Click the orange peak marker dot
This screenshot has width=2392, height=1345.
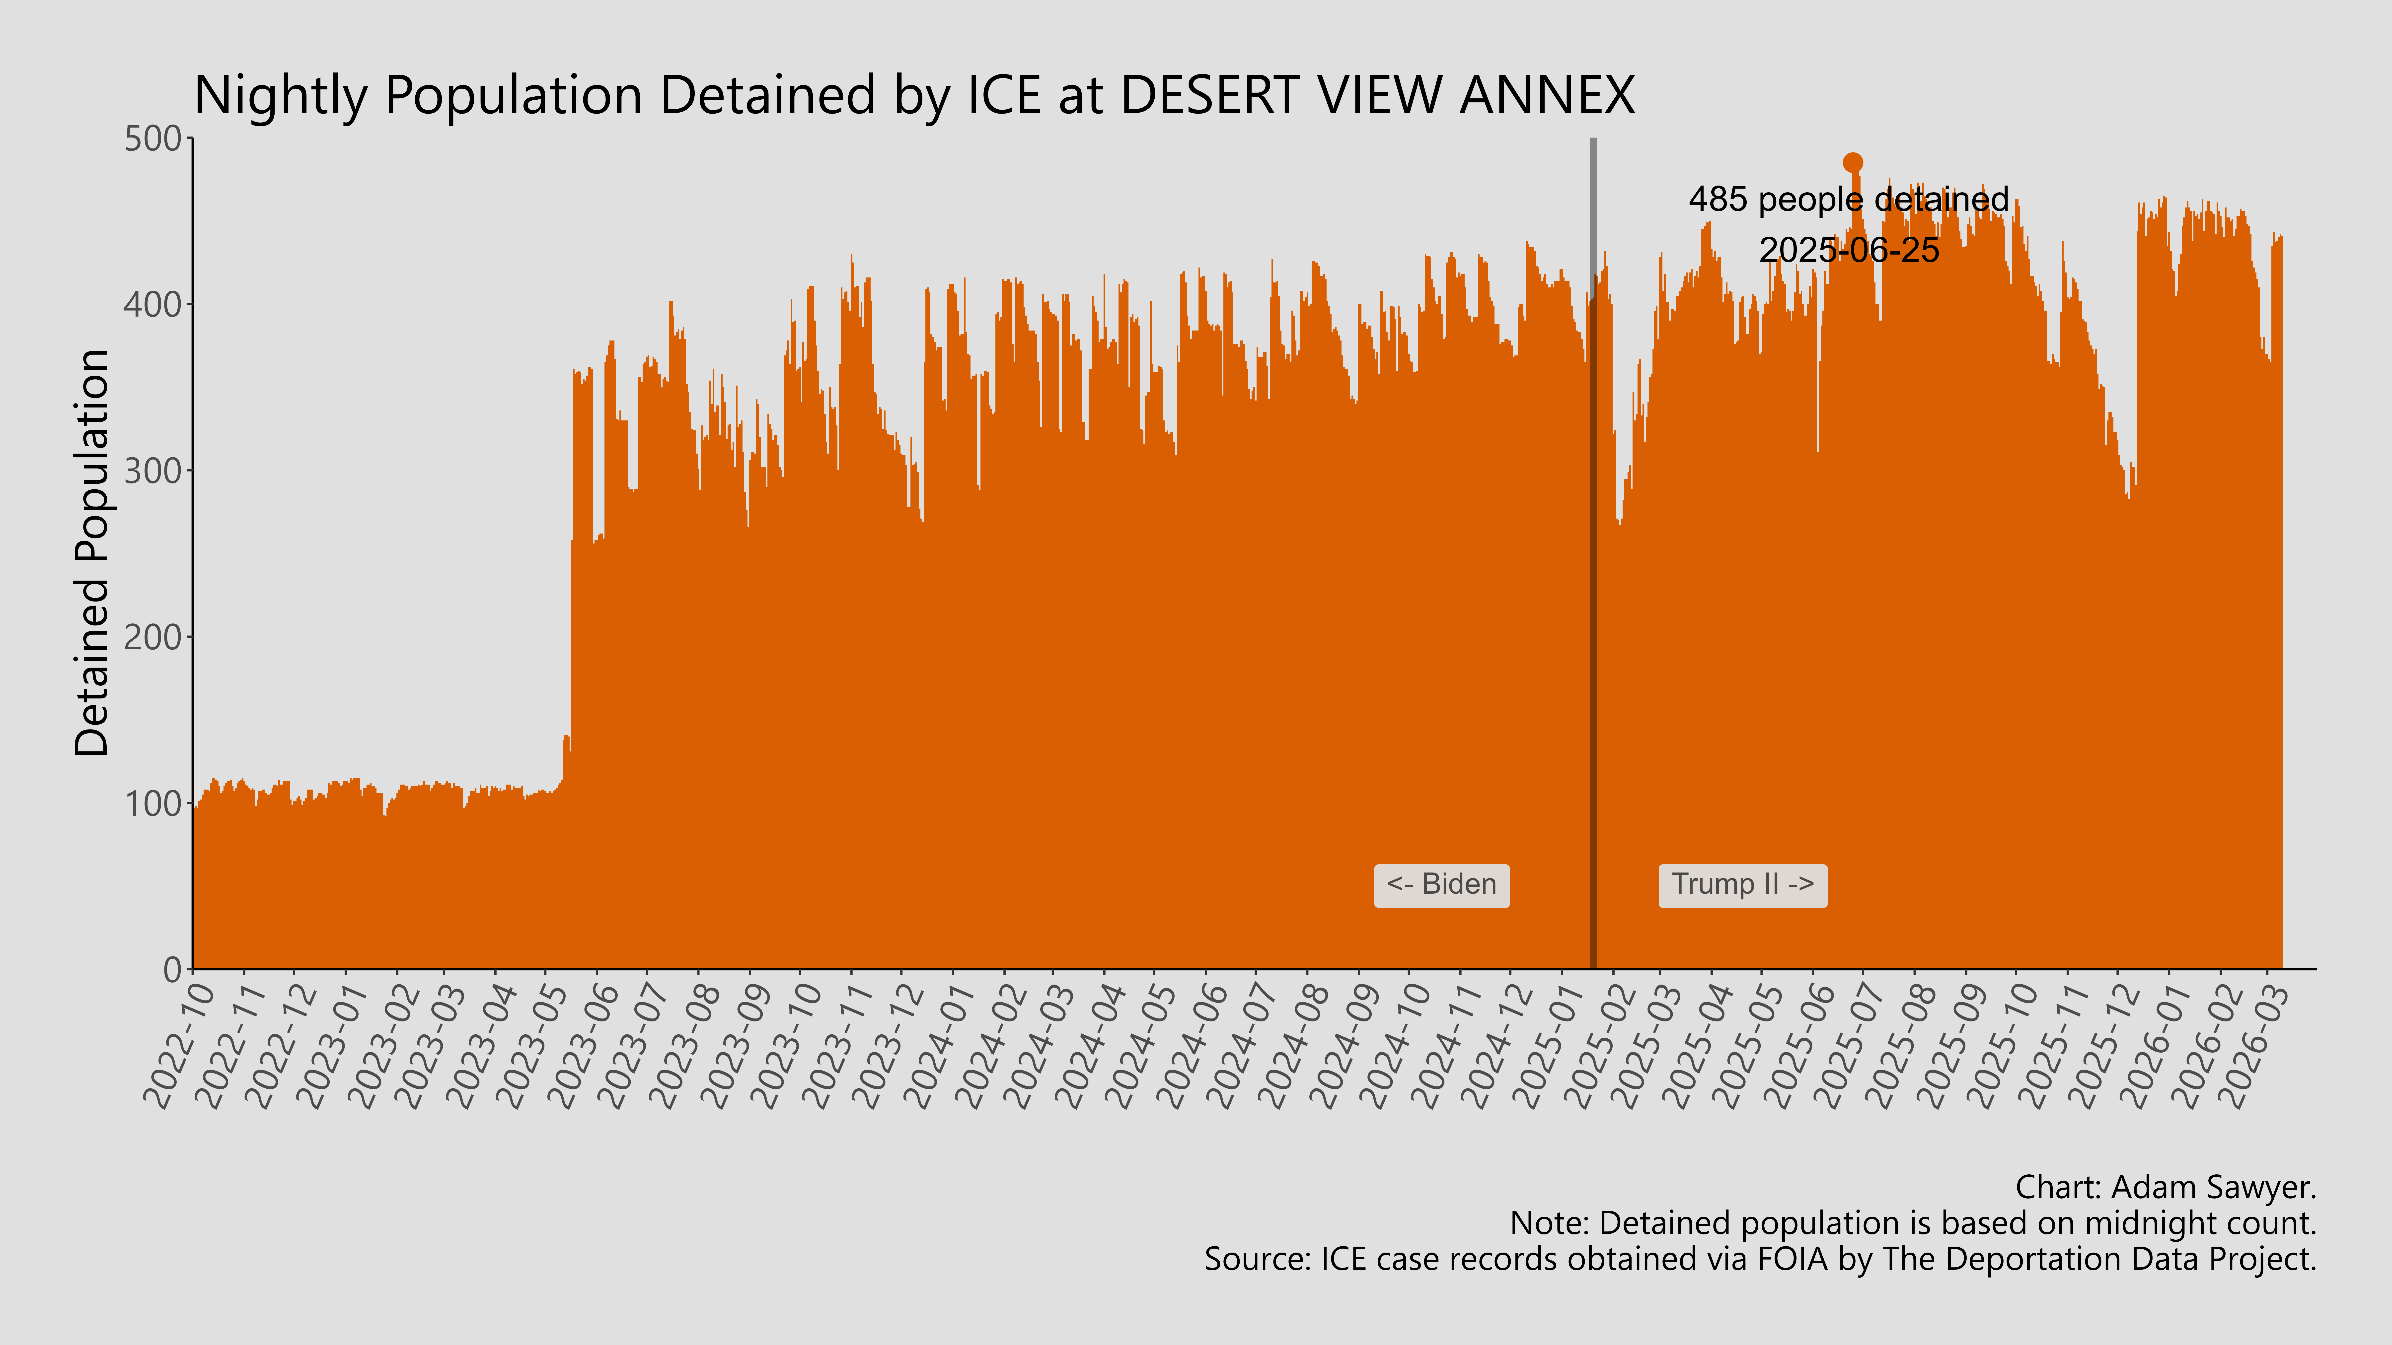pos(1852,162)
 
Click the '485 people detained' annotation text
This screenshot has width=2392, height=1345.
pos(1848,200)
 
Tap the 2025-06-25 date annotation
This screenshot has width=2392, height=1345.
pos(1849,250)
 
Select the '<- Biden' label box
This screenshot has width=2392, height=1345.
pos(1441,885)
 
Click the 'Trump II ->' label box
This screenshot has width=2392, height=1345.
pos(1742,885)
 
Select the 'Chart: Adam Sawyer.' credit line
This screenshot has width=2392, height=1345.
pos(2166,1187)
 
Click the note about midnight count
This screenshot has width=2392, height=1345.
pos(1913,1223)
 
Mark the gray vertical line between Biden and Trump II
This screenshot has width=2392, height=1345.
pos(1593,557)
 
